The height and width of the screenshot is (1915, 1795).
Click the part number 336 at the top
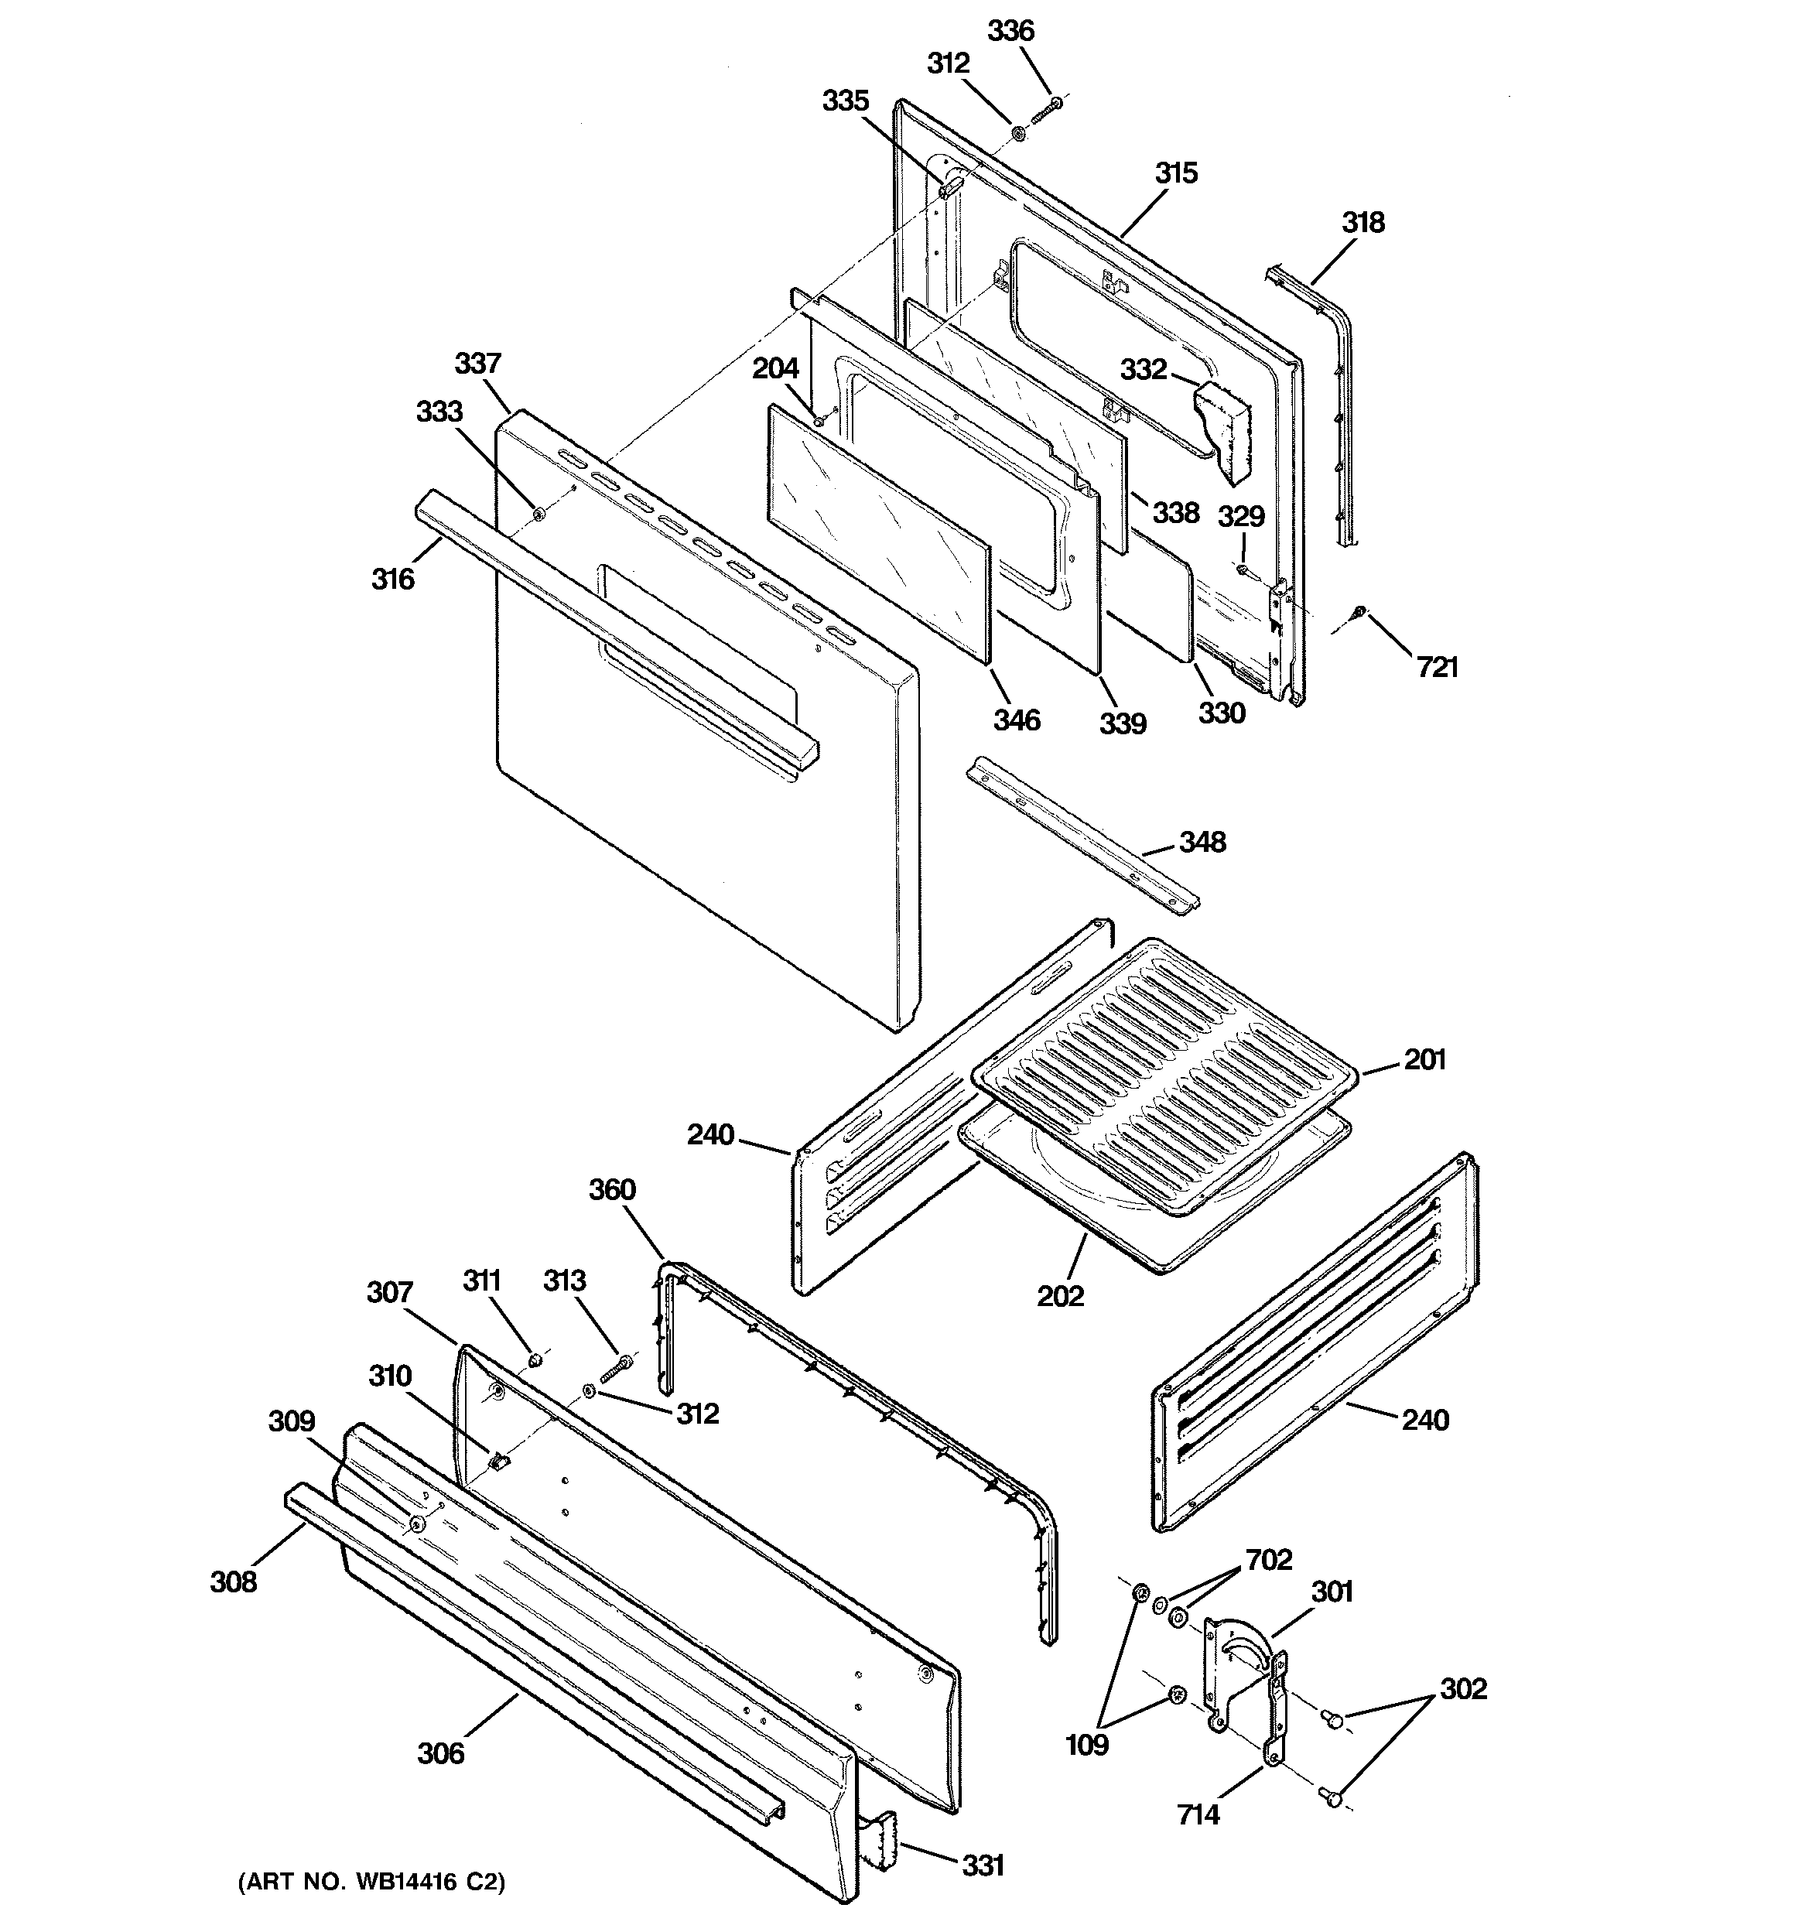click(1010, 32)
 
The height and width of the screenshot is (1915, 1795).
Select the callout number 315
click(1175, 174)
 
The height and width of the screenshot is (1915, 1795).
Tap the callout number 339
click(1123, 723)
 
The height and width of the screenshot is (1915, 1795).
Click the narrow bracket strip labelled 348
click(1083, 834)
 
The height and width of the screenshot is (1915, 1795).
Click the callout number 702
click(1268, 1560)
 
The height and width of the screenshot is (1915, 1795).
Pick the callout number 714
click(1198, 1815)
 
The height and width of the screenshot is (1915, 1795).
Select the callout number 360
click(612, 1190)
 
